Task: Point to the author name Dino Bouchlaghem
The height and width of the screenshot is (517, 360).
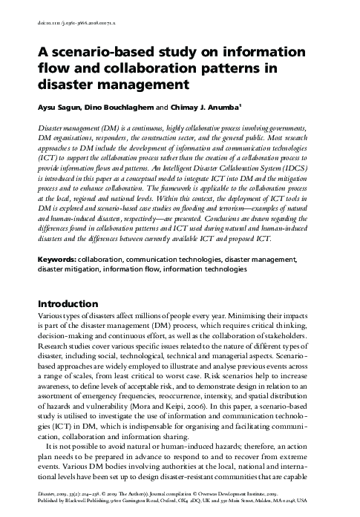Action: click(x=120, y=105)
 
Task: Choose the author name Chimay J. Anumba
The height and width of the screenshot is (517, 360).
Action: click(x=208, y=105)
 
